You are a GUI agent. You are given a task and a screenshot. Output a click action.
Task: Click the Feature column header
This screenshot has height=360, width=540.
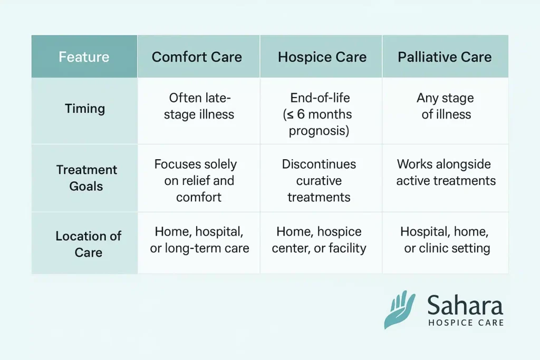pyautogui.click(x=84, y=56)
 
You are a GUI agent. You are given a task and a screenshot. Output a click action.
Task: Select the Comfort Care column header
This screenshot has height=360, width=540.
pyautogui.click(x=197, y=57)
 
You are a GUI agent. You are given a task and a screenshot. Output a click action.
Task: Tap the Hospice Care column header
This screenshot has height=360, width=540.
pyautogui.click(x=322, y=57)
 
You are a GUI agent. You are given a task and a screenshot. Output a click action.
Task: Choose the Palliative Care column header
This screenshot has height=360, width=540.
pyautogui.click(x=445, y=57)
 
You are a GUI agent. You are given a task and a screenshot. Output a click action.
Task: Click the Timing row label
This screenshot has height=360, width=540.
pyautogui.click(x=84, y=109)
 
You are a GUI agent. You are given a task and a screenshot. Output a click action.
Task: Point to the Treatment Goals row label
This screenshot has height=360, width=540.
pyautogui.click(x=86, y=178)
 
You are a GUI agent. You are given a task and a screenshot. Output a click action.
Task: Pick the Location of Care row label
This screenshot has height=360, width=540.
pyautogui.click(x=88, y=244)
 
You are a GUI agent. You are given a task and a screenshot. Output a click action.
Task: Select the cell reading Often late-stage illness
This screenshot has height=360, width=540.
pyautogui.click(x=199, y=106)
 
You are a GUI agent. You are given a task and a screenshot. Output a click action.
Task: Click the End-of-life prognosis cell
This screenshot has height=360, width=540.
pyautogui.click(x=321, y=114)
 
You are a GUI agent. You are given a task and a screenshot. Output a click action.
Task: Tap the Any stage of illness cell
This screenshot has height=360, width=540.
pyautogui.click(x=446, y=106)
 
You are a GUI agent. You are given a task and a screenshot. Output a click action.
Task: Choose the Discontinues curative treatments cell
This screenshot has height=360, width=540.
pyautogui.click(x=319, y=181)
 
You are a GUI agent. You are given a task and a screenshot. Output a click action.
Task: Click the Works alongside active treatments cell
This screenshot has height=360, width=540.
pyautogui.click(x=446, y=172)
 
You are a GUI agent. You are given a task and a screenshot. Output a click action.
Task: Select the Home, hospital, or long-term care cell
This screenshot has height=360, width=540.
pyautogui.click(x=199, y=240)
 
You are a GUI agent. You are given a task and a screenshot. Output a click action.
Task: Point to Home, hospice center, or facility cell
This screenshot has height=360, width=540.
pyautogui.click(x=319, y=240)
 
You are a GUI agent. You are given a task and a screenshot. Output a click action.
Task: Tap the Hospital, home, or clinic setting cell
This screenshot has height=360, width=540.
pyautogui.click(x=446, y=240)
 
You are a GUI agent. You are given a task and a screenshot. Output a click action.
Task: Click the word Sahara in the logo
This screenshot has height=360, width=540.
pyautogui.click(x=465, y=306)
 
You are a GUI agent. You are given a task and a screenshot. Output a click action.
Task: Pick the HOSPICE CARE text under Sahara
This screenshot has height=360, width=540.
pyautogui.click(x=465, y=323)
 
